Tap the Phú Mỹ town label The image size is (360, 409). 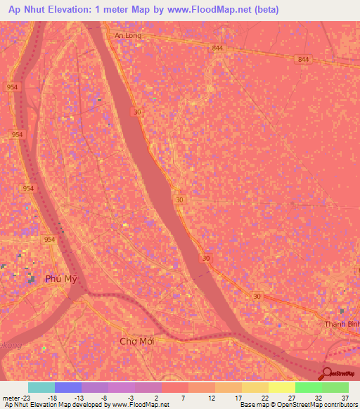60,279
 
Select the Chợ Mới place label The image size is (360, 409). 137,341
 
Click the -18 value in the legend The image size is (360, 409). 52,397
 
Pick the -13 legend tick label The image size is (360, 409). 79,397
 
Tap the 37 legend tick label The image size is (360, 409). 345,397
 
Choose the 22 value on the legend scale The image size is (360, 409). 264,397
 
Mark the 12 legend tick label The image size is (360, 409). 211,397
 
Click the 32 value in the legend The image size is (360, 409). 318,397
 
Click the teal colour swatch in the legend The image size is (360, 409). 41,387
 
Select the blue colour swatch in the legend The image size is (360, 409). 67,387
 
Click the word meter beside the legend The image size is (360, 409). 11,397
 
